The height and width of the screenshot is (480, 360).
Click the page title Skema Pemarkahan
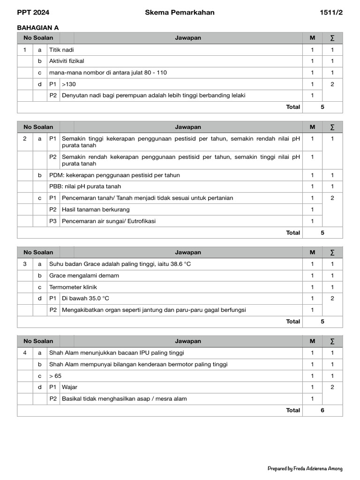tap(180, 13)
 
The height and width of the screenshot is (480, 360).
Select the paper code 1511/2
tap(331, 13)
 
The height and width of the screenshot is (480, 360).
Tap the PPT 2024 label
tap(33, 13)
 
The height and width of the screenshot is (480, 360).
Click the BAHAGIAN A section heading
tap(38, 28)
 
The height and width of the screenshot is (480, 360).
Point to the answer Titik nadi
tap(61, 50)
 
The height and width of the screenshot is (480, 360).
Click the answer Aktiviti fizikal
tap(67, 61)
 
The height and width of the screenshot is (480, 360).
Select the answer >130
tap(68, 84)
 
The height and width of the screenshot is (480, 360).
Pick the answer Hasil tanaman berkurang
tap(96, 210)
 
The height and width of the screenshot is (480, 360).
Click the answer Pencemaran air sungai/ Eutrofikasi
tap(109, 221)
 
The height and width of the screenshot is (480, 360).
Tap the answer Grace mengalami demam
tap(84, 276)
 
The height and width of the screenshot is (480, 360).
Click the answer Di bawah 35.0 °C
tap(85, 298)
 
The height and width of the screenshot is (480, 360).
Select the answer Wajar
tap(69, 387)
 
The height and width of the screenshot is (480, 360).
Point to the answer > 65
tap(55, 376)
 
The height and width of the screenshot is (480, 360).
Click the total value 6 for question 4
tap(322, 410)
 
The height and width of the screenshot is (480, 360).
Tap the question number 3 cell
tap(25, 264)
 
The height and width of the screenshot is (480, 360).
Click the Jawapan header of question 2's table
tap(188, 127)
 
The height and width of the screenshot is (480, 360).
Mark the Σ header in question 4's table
tap(332, 341)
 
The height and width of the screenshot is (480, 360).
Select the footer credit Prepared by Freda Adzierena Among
tap(305, 468)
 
